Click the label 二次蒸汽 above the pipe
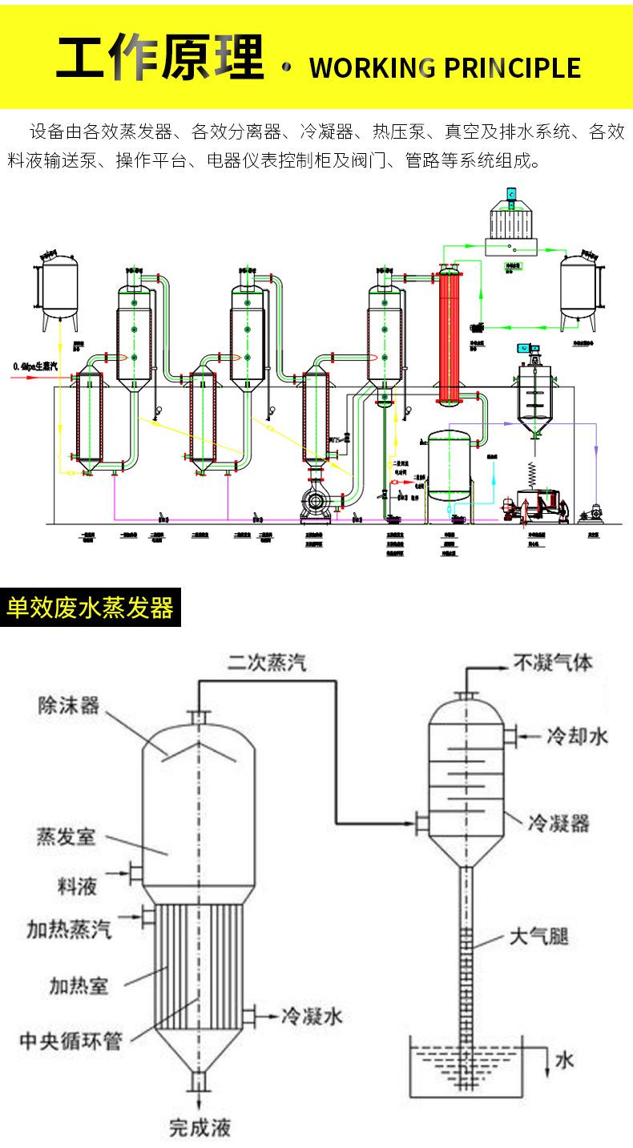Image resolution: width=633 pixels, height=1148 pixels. pyautogui.click(x=265, y=663)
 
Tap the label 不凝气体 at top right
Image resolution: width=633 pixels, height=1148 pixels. pyautogui.click(x=553, y=663)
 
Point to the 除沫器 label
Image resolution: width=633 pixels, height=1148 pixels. pyautogui.click(x=68, y=705)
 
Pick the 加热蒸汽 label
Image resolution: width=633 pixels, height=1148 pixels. pyautogui.click(x=68, y=930)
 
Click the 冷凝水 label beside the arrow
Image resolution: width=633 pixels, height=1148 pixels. pyautogui.click(x=312, y=1017)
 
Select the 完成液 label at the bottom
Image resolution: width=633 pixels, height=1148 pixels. pyautogui.click(x=200, y=1128)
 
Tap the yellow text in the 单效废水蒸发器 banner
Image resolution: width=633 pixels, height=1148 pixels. pyautogui.click(x=89, y=608)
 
